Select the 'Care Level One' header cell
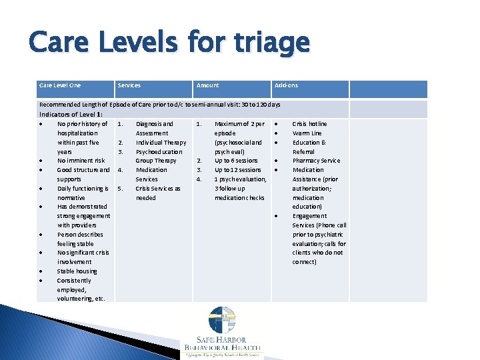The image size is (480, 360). point(60,85)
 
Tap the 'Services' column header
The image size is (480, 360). point(129,85)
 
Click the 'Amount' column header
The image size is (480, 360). point(207,85)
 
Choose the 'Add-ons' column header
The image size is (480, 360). point(286,85)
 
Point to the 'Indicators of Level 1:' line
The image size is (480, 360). point(71,114)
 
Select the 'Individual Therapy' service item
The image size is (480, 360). point(161,142)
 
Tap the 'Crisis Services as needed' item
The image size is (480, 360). point(157,193)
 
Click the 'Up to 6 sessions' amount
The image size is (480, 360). point(236,161)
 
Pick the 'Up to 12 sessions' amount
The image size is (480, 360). point(237,170)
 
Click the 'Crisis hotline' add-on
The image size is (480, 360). point(309,123)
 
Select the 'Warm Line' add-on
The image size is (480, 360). point(307,133)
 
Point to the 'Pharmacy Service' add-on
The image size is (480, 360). point(316,161)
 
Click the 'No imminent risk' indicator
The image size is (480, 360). point(81,161)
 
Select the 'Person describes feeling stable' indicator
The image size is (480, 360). point(80,239)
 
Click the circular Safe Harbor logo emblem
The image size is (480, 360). point(222,319)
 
